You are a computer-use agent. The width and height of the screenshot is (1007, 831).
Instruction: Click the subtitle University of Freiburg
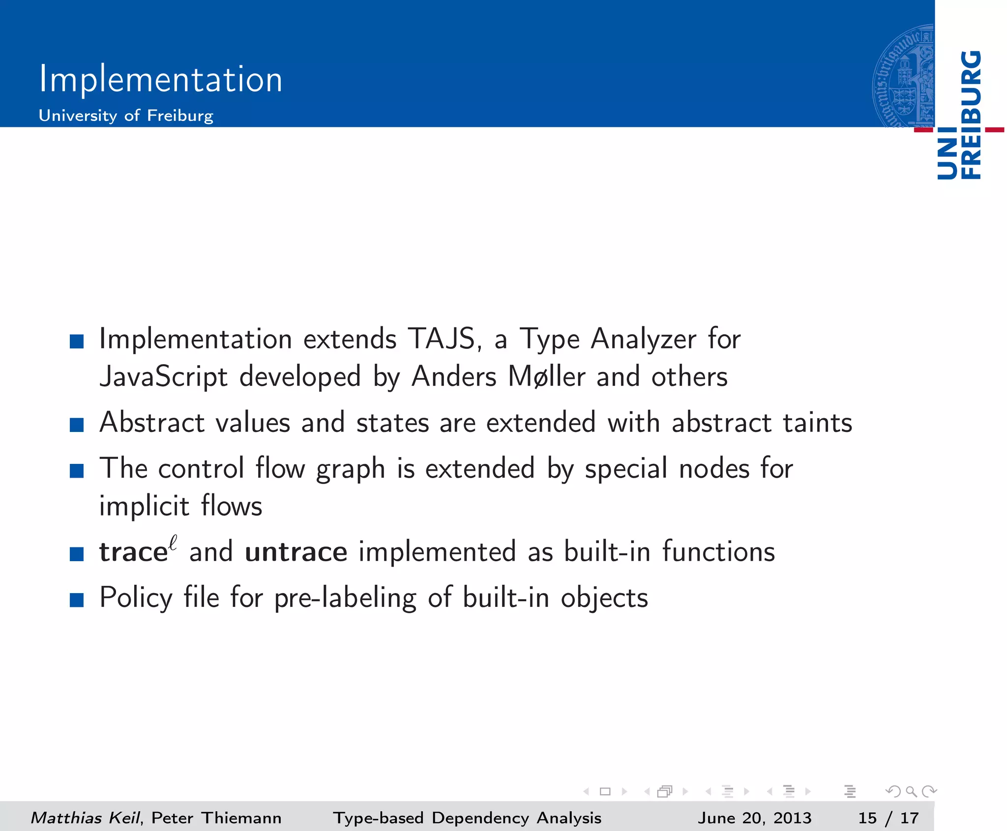click(126, 115)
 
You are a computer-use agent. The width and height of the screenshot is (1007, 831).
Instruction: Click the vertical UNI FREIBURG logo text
click(959, 115)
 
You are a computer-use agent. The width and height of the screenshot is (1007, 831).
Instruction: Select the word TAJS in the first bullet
click(441, 339)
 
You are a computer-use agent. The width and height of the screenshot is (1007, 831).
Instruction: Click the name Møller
click(546, 377)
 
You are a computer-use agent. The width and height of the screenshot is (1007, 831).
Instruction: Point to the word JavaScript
click(163, 377)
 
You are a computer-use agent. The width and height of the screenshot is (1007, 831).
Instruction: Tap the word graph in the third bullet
click(350, 468)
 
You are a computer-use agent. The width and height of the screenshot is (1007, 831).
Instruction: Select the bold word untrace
click(296, 551)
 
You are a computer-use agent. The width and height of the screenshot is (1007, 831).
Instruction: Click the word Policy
click(136, 598)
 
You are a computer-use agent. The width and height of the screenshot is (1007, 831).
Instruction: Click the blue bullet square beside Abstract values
click(77, 425)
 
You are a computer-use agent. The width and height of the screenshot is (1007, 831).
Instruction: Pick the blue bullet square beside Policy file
click(77, 600)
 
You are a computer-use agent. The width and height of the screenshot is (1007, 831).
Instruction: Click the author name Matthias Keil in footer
click(85, 818)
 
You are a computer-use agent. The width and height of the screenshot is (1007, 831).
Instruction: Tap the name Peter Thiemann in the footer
click(216, 818)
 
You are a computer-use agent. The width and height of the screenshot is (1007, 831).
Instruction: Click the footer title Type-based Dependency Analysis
click(467, 818)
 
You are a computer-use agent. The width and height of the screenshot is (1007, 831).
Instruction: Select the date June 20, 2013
click(754, 818)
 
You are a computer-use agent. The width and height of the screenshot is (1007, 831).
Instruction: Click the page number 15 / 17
click(888, 818)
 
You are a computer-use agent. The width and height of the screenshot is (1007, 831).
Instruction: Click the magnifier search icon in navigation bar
click(911, 791)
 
